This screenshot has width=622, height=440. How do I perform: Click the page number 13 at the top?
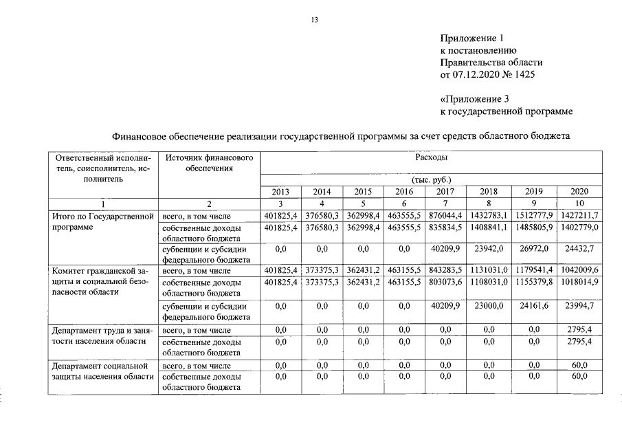(x=313, y=20)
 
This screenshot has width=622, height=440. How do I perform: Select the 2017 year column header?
(x=445, y=192)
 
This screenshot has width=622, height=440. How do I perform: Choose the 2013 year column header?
(x=280, y=192)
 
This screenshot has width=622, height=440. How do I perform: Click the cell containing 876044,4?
(x=445, y=216)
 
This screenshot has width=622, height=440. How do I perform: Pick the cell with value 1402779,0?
(x=578, y=228)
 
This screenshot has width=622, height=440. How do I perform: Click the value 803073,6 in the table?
(x=445, y=282)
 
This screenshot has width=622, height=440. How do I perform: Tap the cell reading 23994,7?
(x=578, y=305)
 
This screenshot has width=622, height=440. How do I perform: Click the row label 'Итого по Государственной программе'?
(x=102, y=221)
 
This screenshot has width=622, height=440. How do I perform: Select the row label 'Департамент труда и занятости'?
(x=102, y=335)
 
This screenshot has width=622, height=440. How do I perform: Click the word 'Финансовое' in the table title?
(x=137, y=136)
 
